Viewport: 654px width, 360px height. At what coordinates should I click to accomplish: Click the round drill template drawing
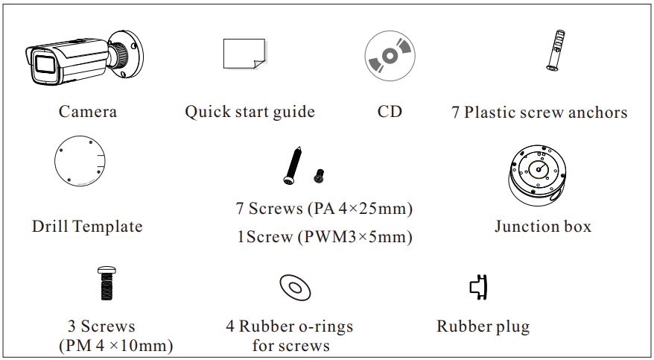[80, 162]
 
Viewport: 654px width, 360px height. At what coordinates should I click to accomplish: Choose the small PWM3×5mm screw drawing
[320, 176]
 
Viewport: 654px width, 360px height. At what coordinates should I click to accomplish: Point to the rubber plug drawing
[479, 286]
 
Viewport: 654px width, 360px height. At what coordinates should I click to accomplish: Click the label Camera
[88, 112]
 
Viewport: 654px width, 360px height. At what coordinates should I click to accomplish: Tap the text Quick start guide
[250, 112]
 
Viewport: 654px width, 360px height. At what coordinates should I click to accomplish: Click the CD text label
[390, 112]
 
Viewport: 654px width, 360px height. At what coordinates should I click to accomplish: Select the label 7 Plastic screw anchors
[539, 113]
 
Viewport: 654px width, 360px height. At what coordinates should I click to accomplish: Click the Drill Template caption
[87, 226]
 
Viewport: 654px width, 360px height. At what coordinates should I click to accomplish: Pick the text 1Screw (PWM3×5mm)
[324, 238]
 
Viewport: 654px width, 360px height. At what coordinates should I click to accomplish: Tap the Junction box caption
[542, 226]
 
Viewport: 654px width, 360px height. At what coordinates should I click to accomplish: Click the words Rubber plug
[483, 326]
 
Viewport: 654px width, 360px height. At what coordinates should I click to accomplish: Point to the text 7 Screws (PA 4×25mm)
[324, 208]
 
